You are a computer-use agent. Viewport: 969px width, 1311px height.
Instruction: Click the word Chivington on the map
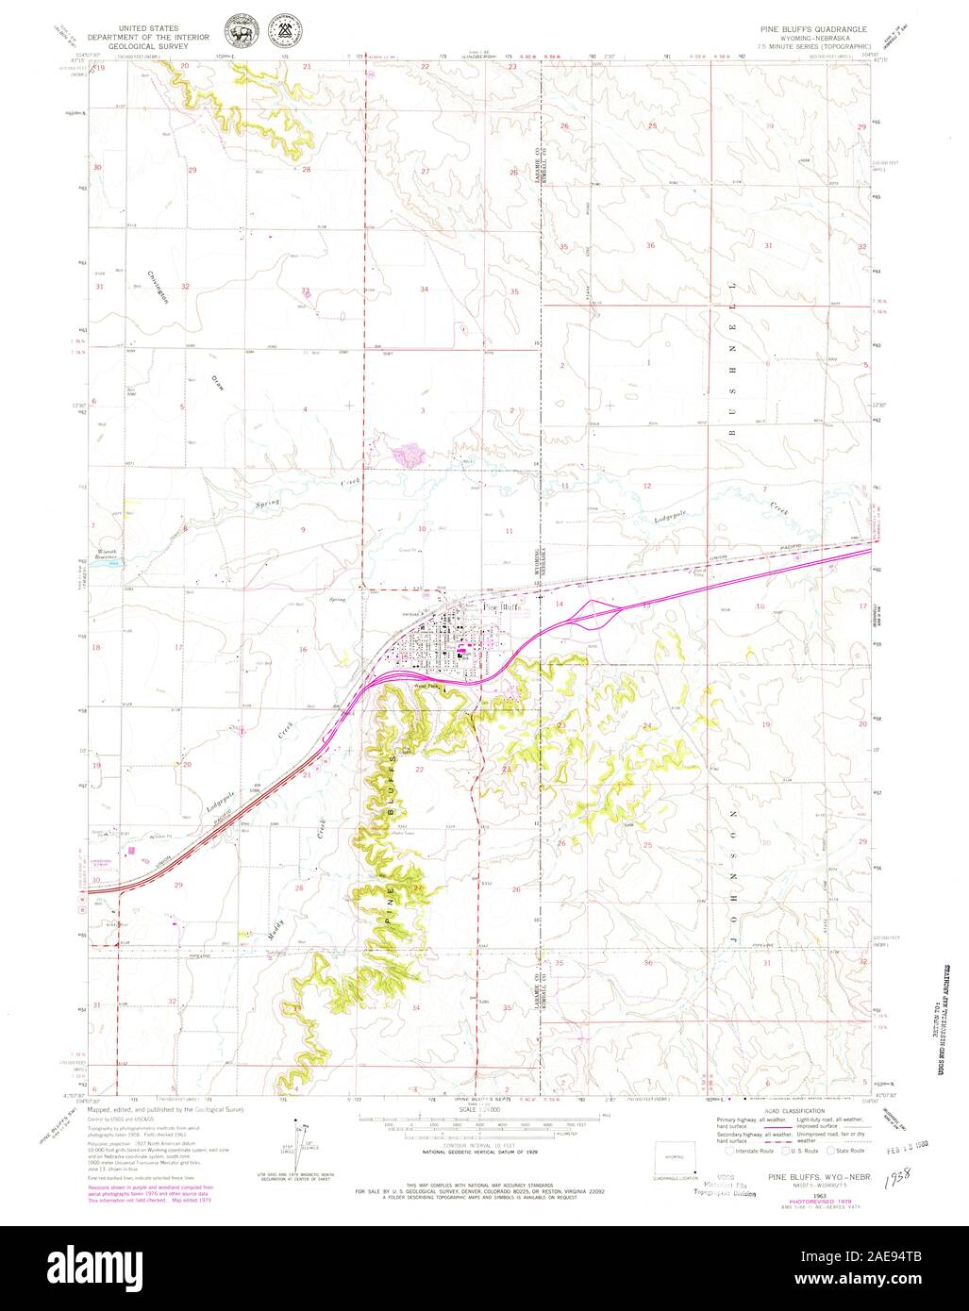pyautogui.click(x=158, y=287)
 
